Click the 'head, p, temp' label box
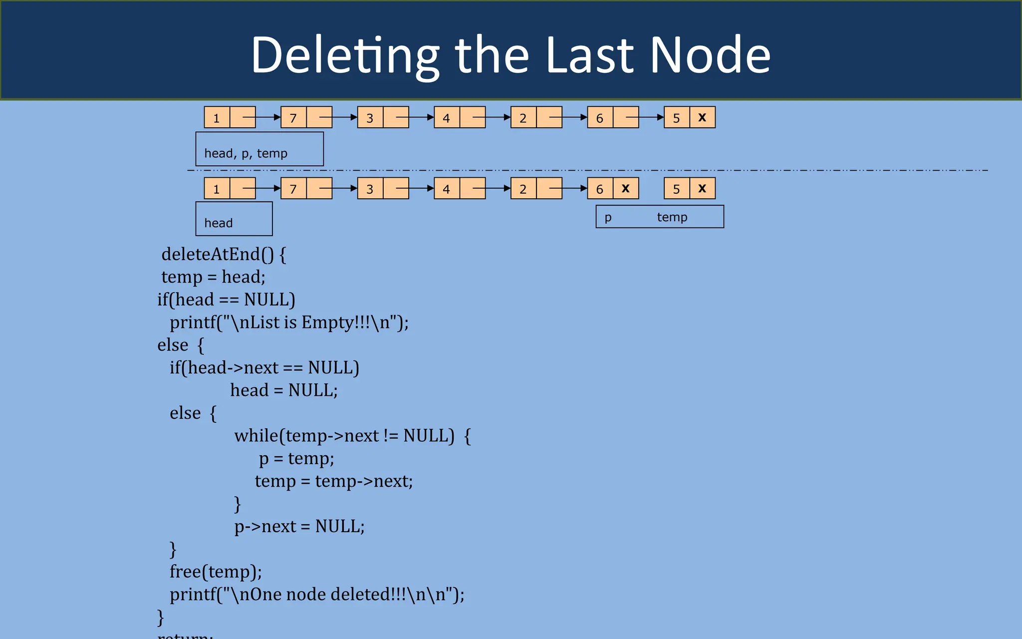coord(259,149)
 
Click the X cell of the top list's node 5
coord(702,117)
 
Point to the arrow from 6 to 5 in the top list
coord(651,117)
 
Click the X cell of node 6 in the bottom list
coord(626,188)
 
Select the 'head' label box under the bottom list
coord(234,219)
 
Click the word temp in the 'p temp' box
coord(672,217)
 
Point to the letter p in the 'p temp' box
coord(608,218)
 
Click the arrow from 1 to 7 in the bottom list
coord(267,188)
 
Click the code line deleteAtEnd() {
coord(224,255)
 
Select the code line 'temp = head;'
coord(214,277)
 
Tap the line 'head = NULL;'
coord(284,390)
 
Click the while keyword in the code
coord(256,436)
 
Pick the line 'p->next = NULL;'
coord(299,527)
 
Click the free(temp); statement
coord(216,572)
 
